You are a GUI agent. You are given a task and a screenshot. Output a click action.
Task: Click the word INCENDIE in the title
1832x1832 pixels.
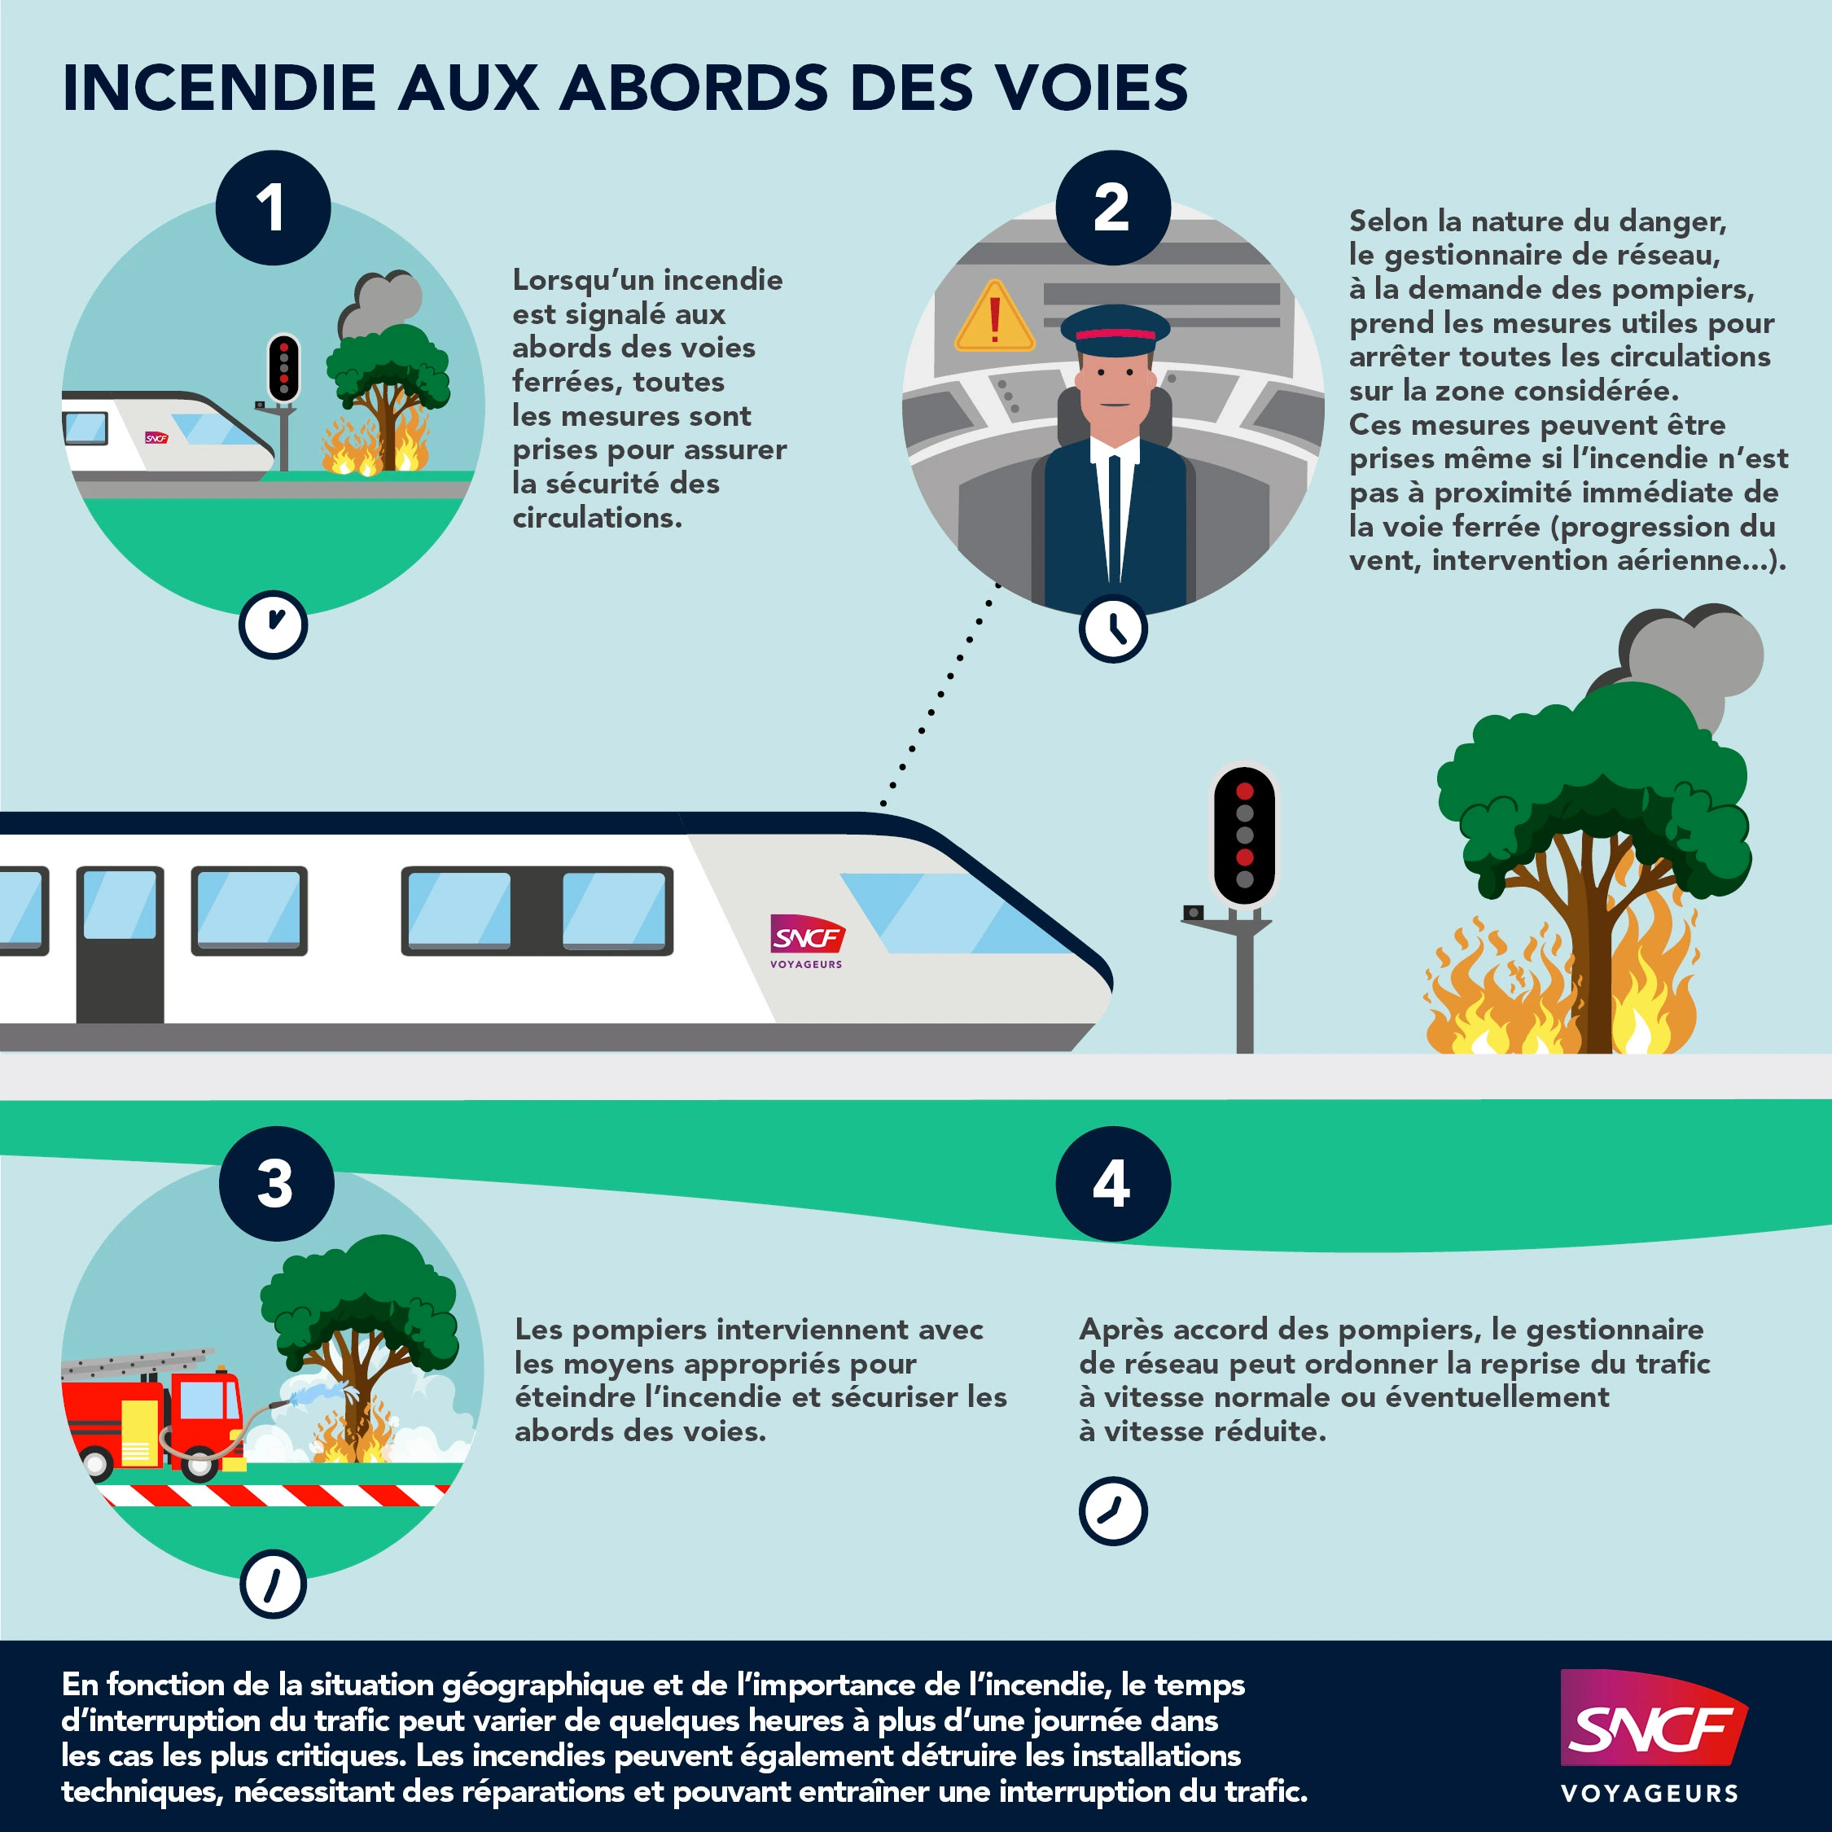tap(220, 87)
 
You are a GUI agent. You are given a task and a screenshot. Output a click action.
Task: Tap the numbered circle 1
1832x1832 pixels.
tap(273, 208)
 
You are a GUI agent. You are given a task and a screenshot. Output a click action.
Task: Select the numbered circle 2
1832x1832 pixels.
tap(1113, 208)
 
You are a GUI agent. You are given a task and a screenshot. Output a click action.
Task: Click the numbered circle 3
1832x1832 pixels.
tap(276, 1183)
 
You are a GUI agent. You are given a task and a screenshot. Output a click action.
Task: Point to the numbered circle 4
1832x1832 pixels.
tap(1113, 1183)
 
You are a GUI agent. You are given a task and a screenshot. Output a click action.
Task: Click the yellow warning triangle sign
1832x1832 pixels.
tap(993, 317)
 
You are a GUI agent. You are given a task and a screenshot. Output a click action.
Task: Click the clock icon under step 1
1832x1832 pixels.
tap(273, 625)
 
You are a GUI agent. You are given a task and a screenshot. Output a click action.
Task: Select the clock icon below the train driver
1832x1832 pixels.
tap(1113, 629)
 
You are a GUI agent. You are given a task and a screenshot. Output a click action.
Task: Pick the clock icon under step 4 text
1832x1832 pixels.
tap(1113, 1511)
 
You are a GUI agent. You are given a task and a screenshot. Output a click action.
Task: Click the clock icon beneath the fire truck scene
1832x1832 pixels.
tap(273, 1584)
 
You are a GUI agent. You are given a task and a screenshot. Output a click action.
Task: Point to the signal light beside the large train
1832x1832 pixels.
tap(1245, 835)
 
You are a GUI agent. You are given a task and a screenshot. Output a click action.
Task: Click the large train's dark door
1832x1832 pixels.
tap(120, 944)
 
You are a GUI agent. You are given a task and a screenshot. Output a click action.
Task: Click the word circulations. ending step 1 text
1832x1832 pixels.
tap(598, 518)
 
